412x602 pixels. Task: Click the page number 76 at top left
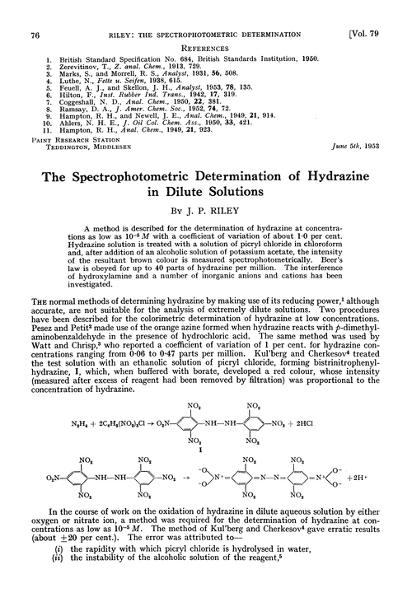[x=35, y=11]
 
